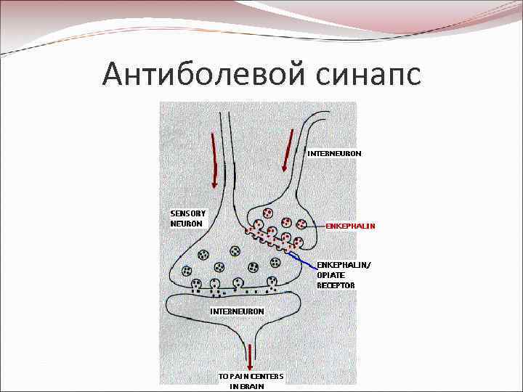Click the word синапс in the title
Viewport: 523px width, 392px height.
(x=368, y=73)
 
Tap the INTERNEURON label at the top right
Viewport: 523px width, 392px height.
(x=334, y=153)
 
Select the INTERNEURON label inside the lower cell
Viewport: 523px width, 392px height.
(x=237, y=311)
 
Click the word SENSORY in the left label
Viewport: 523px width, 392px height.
(x=187, y=213)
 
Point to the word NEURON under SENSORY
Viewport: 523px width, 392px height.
(x=186, y=223)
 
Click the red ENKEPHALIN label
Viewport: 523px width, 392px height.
(x=350, y=226)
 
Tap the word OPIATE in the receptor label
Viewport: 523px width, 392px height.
(x=331, y=275)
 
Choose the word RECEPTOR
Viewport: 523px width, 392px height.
(x=336, y=285)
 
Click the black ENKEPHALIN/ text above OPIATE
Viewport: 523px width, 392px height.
(x=343, y=265)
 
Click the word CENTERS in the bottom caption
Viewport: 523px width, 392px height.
(x=269, y=376)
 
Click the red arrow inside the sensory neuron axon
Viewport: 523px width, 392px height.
(x=215, y=158)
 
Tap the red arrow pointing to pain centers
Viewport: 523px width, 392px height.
(x=251, y=357)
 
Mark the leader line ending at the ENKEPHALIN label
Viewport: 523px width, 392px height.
(x=307, y=226)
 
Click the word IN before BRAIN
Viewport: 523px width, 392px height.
(x=233, y=386)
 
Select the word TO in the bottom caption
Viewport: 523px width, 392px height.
(x=224, y=376)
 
